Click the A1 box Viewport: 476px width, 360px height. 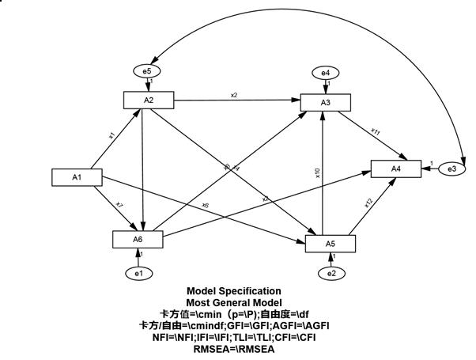[x=77, y=176]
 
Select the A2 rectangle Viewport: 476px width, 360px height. [x=148, y=100]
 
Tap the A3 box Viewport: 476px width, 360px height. [x=325, y=101]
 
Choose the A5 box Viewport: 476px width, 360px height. [x=331, y=243]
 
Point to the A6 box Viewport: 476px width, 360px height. [x=137, y=238]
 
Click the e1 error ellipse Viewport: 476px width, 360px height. [x=138, y=273]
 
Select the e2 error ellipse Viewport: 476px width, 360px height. [x=332, y=274]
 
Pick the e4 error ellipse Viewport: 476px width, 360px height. [x=325, y=73]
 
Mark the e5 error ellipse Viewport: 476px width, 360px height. [x=147, y=72]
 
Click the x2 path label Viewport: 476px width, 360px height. [x=234, y=95]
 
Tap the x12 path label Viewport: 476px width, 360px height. [x=368, y=203]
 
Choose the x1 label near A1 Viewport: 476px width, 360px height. [x=111, y=135]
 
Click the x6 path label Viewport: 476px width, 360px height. [x=205, y=206]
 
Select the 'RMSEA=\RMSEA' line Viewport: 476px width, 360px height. [x=233, y=348]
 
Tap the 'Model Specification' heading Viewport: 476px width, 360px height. [x=233, y=291]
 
